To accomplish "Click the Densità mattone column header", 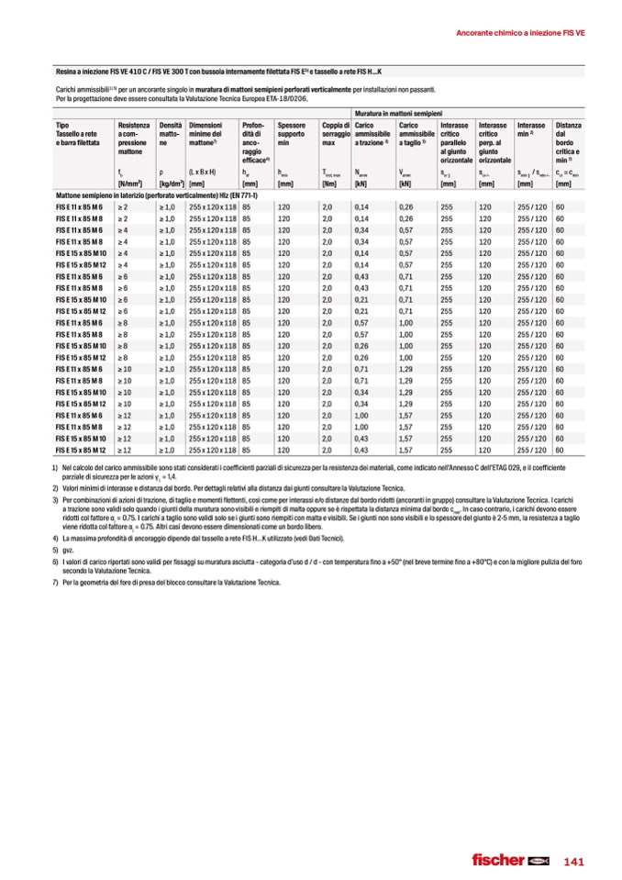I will pos(170,134).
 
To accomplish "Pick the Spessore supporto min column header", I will pos(292,134).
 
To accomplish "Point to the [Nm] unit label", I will pos(329,184).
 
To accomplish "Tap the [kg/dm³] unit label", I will pos(172,184).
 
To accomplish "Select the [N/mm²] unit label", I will pos(131,184).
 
